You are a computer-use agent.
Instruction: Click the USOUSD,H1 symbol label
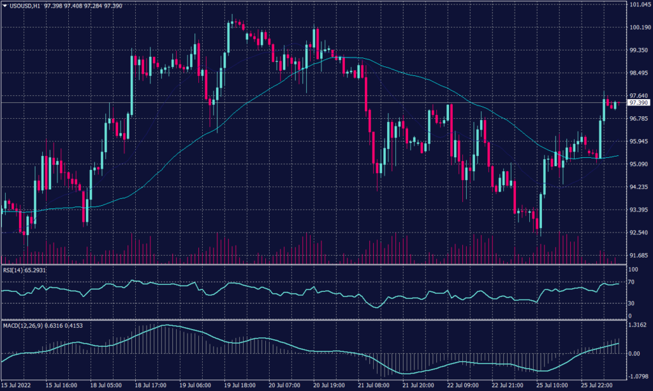click(24, 5)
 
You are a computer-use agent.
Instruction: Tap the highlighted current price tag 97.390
click(638, 102)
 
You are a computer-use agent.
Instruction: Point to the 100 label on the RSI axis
click(633, 270)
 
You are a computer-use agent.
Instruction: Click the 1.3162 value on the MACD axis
click(638, 325)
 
